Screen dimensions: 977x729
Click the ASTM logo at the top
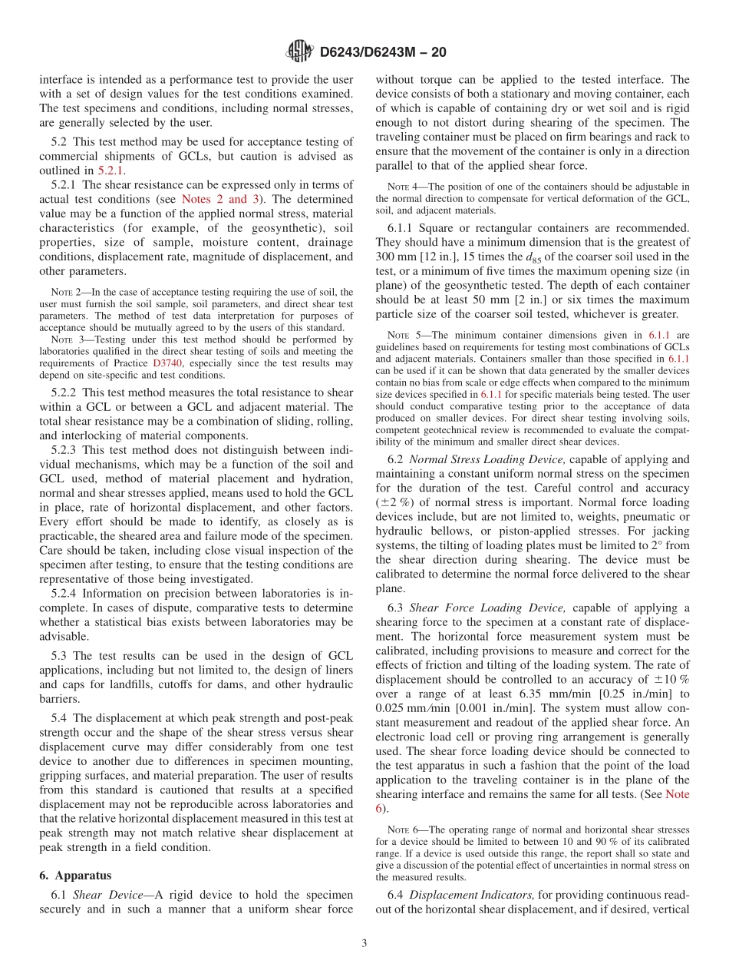coord(299,51)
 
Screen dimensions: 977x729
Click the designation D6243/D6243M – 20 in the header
coord(382,52)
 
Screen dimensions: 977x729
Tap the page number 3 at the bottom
coord(364,943)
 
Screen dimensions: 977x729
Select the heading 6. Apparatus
coord(75,875)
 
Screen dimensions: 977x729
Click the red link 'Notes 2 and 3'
coord(214,199)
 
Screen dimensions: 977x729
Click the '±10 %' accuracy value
coord(670,680)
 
